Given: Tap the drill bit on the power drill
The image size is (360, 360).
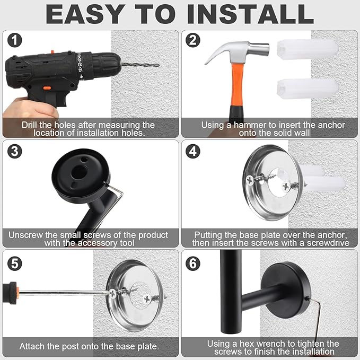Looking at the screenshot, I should [x=140, y=64].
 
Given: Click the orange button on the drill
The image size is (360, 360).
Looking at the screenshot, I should [x=47, y=88].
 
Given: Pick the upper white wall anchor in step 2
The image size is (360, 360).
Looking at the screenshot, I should [x=307, y=50].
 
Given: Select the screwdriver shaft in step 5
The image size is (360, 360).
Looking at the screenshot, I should [x=64, y=292].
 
